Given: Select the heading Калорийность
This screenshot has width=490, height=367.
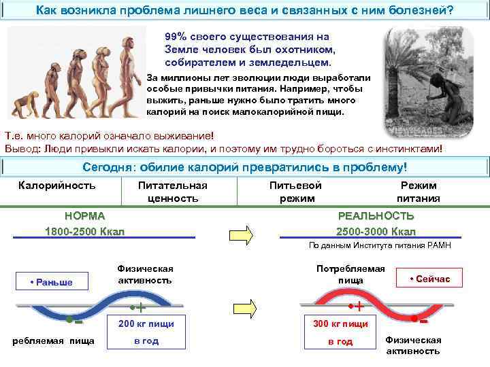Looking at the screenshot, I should pyautogui.click(x=57, y=185).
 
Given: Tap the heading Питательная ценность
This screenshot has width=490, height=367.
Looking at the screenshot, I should pyautogui.click(x=172, y=192).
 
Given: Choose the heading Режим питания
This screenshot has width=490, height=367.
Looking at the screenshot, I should pyautogui.click(x=419, y=192).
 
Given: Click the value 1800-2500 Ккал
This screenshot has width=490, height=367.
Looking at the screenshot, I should pyautogui.click(x=84, y=231).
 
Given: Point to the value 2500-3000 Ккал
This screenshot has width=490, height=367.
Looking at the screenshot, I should pyautogui.click(x=376, y=231).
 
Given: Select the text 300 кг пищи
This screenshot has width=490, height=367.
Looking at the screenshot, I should pyautogui.click(x=340, y=324).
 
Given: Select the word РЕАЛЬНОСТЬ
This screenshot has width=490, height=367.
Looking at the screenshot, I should pyautogui.click(x=376, y=215).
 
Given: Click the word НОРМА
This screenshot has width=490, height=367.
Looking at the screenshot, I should pyautogui.click(x=84, y=215).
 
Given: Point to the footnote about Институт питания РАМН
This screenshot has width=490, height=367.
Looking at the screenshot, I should pyautogui.click(x=385, y=245).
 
